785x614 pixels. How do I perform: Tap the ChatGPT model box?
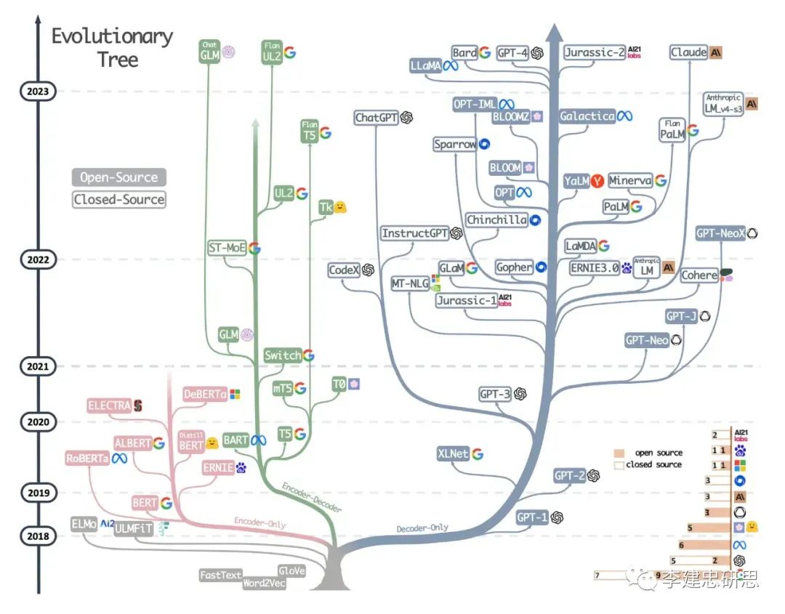[x=377, y=118]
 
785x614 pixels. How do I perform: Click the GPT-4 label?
[x=512, y=52]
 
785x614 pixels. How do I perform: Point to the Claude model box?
[x=688, y=52]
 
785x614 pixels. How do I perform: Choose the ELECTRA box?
[x=109, y=405]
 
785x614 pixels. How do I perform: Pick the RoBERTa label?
[x=86, y=459]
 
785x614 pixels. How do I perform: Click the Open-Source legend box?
[x=118, y=177]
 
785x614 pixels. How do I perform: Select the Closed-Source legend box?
[x=118, y=199]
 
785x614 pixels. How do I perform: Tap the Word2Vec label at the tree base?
[x=265, y=583]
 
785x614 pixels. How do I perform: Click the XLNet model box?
[x=453, y=453]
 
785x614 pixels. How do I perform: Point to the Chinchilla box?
[x=496, y=219]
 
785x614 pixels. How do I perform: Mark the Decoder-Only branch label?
[x=422, y=528]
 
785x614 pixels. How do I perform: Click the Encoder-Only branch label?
[x=259, y=522]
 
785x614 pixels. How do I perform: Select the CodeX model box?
[x=345, y=270]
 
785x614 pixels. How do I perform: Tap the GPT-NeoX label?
[x=720, y=233]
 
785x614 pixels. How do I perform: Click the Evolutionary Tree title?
[x=112, y=47]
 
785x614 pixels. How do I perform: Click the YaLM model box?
[x=576, y=181]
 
